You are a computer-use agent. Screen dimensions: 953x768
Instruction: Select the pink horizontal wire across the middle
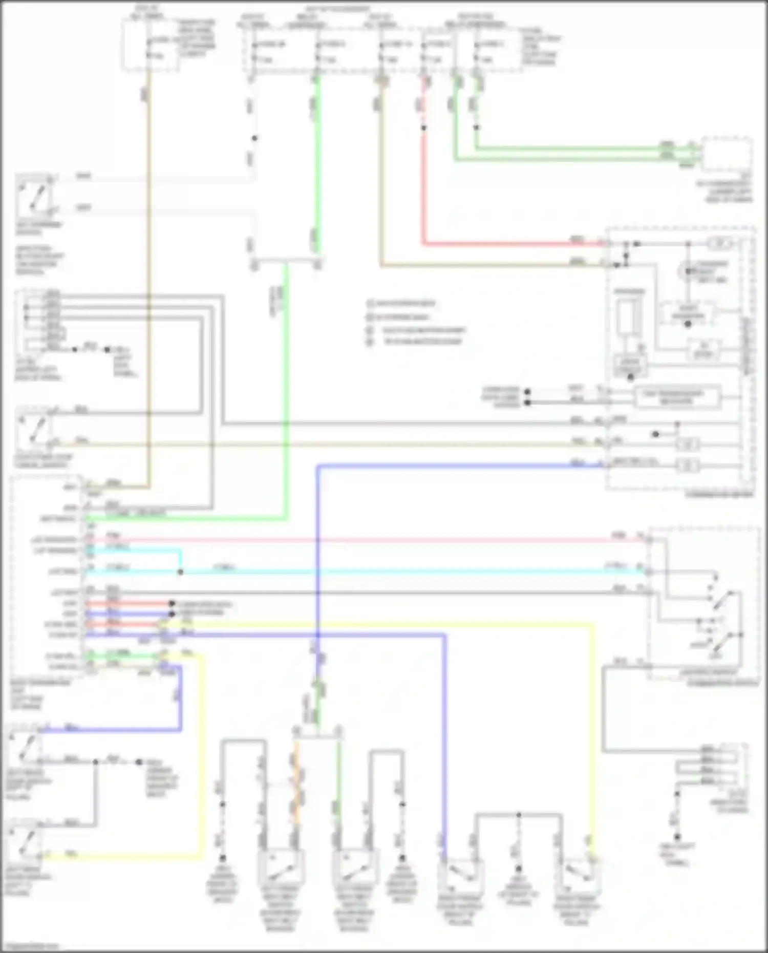pos(358,539)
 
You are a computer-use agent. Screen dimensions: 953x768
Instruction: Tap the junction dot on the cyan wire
pos(180,572)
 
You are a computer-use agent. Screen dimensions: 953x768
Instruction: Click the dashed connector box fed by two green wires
pos(726,153)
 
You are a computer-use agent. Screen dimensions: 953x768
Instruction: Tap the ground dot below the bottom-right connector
pos(677,837)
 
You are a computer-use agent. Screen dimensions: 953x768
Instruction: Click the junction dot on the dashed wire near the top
pos(254,138)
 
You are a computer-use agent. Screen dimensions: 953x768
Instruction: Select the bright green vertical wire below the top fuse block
pos(317,164)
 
